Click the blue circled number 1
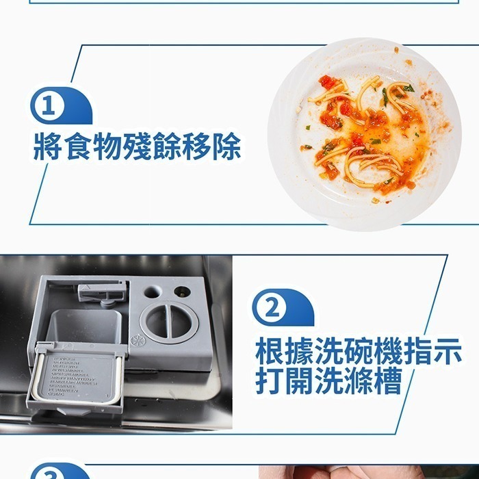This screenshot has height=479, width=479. click(47, 107)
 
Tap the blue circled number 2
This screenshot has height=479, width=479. click(272, 308)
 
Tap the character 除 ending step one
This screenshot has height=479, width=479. click(226, 146)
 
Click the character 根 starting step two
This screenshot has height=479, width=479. click(270, 351)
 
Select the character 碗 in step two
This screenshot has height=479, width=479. click(361, 351)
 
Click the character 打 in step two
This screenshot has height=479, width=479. click(270, 381)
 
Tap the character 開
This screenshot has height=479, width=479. click(301, 381)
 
